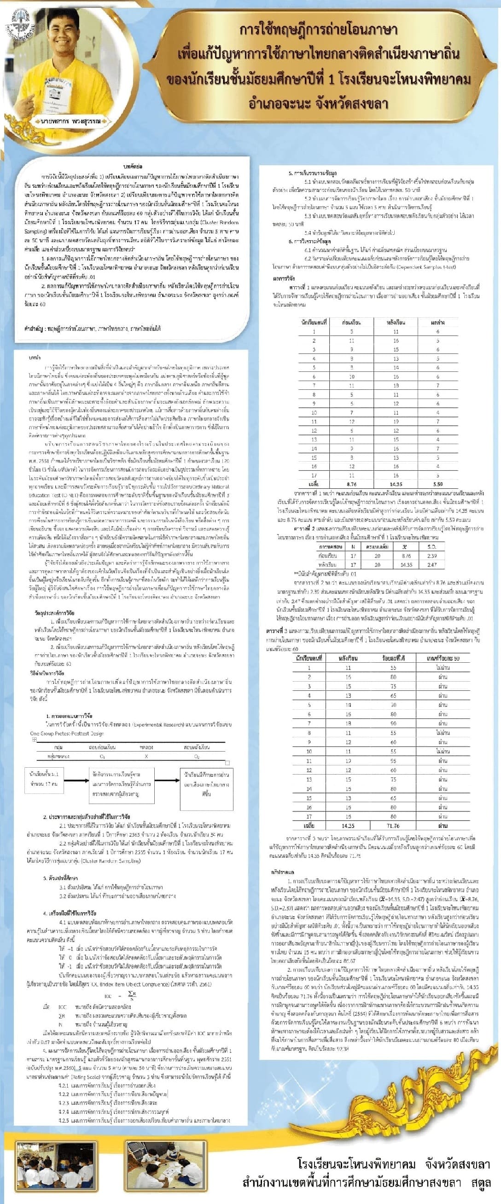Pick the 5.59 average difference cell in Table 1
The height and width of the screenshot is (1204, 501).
coord(438,484)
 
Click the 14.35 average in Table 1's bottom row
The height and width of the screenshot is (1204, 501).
coord(396,484)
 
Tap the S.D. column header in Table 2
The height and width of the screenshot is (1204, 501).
coord(431,546)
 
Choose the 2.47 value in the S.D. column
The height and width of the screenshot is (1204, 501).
coord(431,565)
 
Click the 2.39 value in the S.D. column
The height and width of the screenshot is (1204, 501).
coord(431,556)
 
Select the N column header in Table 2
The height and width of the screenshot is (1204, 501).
coord(353,546)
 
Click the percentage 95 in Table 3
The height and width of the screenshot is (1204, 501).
coord(393,760)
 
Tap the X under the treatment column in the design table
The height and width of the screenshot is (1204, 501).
coord(146,756)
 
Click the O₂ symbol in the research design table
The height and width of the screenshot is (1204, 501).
coord(197,756)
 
